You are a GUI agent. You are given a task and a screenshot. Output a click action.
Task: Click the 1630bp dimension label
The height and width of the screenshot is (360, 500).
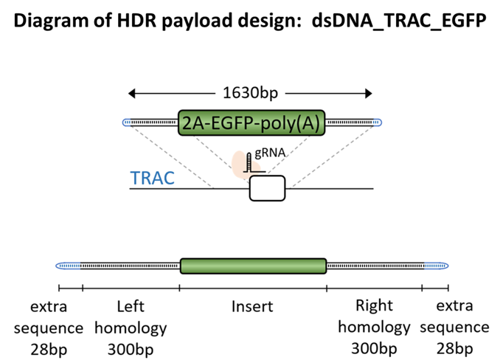pyautogui.click(x=250, y=93)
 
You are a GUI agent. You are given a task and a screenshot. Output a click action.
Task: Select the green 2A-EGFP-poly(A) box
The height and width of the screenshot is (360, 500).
pyautogui.click(x=251, y=122)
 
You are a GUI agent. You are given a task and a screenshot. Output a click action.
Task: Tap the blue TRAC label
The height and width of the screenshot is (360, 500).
pyautogui.click(x=153, y=178)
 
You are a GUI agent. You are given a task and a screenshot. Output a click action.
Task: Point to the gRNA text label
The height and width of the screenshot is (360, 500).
pyautogui.click(x=270, y=153)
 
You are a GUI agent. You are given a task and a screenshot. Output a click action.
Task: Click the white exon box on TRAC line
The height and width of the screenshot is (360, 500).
pyautogui.click(x=267, y=188)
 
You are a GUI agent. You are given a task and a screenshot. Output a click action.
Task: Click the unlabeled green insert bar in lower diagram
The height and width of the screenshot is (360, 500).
pyautogui.click(x=253, y=266)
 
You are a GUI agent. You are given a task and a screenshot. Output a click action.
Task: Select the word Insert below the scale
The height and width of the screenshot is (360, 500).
pyautogui.click(x=252, y=306)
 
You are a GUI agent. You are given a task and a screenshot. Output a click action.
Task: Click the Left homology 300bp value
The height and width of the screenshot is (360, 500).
pyautogui.click(x=131, y=350)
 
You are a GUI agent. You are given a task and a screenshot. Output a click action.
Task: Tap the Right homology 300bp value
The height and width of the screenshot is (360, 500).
pyautogui.click(x=374, y=348)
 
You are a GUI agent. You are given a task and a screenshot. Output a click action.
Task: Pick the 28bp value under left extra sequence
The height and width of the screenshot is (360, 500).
pyautogui.click(x=49, y=350)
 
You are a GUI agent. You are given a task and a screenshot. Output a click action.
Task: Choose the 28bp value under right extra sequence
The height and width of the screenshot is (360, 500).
pyautogui.click(x=455, y=348)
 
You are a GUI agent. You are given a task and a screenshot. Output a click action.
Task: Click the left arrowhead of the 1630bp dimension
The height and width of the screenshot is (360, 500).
pyautogui.click(x=131, y=94)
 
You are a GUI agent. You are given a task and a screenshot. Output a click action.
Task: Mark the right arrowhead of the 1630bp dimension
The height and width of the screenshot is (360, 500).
pyautogui.click(x=369, y=94)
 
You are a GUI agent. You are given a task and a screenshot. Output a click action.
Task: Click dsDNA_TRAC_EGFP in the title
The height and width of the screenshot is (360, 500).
pyautogui.click(x=399, y=21)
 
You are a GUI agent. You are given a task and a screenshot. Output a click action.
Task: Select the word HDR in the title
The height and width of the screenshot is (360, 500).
pyautogui.click(x=136, y=21)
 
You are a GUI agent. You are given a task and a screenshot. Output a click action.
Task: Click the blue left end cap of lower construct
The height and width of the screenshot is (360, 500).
pyautogui.click(x=69, y=266)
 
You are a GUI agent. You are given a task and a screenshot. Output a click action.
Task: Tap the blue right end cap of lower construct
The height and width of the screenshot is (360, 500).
pyautogui.click(x=437, y=266)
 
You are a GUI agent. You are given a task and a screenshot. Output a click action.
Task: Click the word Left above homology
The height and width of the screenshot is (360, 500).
pyautogui.click(x=131, y=306)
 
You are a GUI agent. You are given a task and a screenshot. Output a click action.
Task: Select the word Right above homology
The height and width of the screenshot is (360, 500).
pyautogui.click(x=374, y=305)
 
